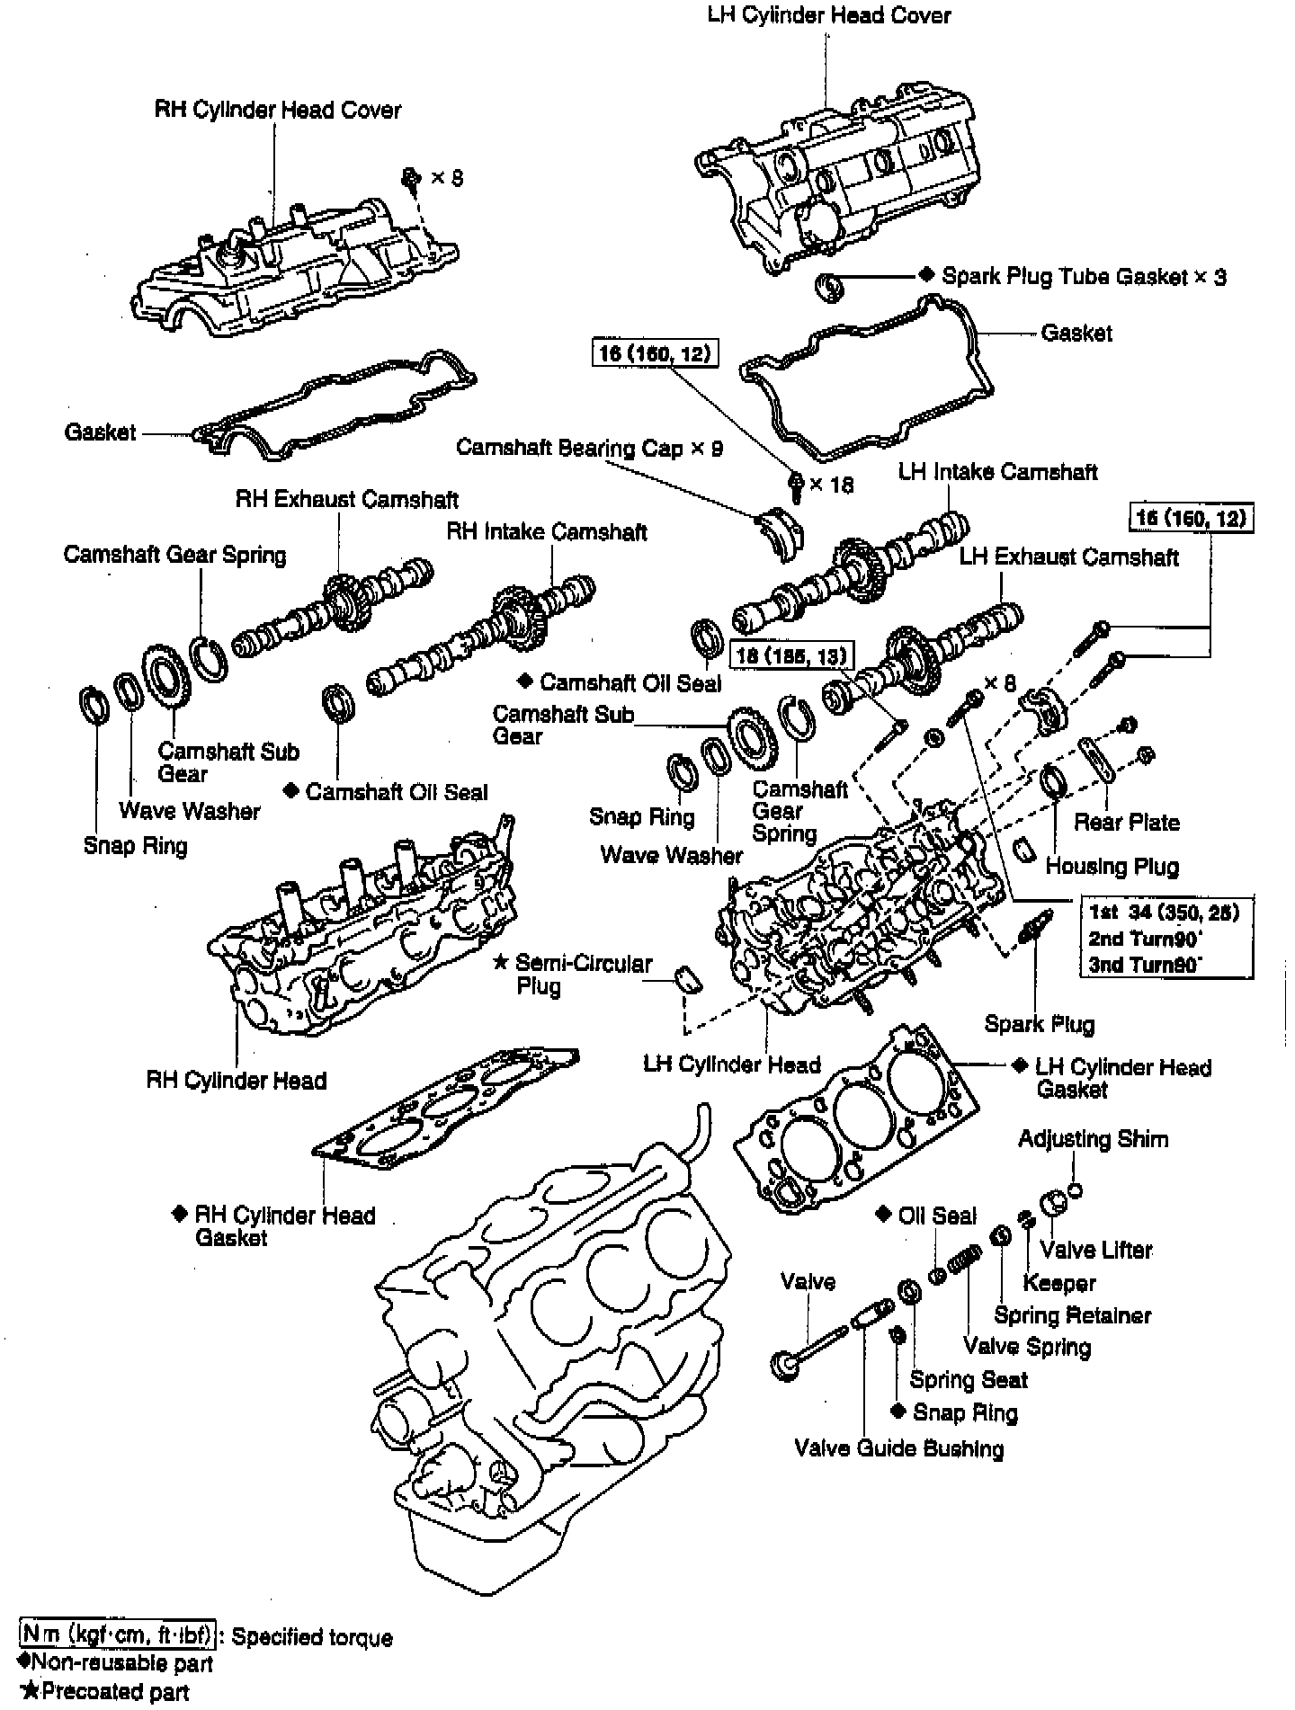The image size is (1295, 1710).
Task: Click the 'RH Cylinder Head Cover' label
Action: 277,110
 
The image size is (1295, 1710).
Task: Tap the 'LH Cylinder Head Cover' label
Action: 828,15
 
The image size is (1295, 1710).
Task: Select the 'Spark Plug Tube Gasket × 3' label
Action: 1083,276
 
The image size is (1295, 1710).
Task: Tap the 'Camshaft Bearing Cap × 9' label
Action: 589,448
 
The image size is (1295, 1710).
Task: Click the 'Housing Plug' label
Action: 1112,867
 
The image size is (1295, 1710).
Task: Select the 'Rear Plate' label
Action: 1126,822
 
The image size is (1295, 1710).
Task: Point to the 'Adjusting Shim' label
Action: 1093,1139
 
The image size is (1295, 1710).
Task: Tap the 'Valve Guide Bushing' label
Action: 898,1448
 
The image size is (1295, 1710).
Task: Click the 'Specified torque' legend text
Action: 312,1637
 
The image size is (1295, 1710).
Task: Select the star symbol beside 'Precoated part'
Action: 29,1692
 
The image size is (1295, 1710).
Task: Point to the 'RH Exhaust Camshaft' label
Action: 347,499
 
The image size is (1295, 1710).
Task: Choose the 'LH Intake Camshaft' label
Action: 997,471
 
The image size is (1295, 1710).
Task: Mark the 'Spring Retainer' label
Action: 1072,1315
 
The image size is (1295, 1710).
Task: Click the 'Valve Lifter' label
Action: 1095,1250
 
